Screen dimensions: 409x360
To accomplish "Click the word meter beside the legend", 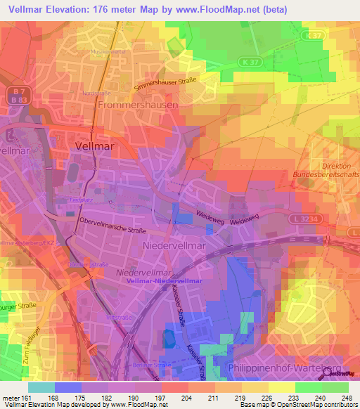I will (x=8, y=398).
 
